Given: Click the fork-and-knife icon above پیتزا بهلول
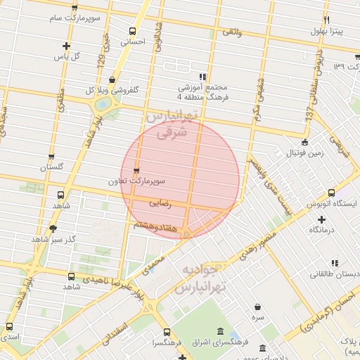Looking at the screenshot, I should click(326, 20).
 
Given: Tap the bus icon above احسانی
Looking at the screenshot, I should click(133, 31).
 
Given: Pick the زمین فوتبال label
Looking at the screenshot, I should click(304, 152).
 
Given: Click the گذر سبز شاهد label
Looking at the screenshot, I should click(47, 240).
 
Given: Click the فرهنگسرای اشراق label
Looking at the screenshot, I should click(222, 343).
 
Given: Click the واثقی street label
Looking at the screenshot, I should click(232, 32).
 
